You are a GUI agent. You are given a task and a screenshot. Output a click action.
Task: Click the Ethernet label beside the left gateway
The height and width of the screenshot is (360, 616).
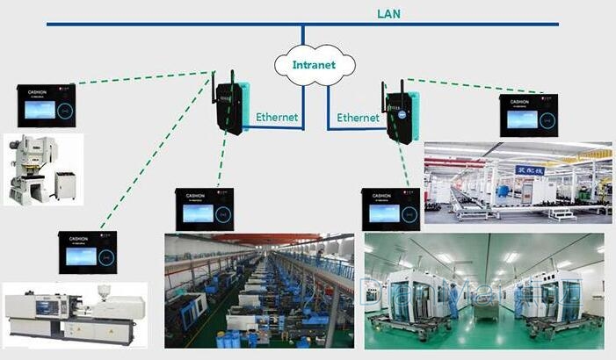277,117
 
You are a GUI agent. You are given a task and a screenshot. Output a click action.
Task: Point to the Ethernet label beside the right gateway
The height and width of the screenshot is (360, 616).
359,117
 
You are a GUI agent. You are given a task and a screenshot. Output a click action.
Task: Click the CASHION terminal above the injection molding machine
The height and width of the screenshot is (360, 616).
88,251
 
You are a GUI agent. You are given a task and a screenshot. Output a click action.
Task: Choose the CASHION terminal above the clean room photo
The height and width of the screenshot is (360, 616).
390,209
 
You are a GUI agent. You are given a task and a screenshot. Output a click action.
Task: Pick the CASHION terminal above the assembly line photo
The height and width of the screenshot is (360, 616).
529,115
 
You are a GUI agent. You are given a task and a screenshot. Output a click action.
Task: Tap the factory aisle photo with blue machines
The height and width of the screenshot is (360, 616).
259,291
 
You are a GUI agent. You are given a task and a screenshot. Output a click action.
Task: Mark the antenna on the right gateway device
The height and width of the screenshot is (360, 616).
385,91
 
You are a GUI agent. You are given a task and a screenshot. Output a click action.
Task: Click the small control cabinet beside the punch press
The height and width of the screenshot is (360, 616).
65,184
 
